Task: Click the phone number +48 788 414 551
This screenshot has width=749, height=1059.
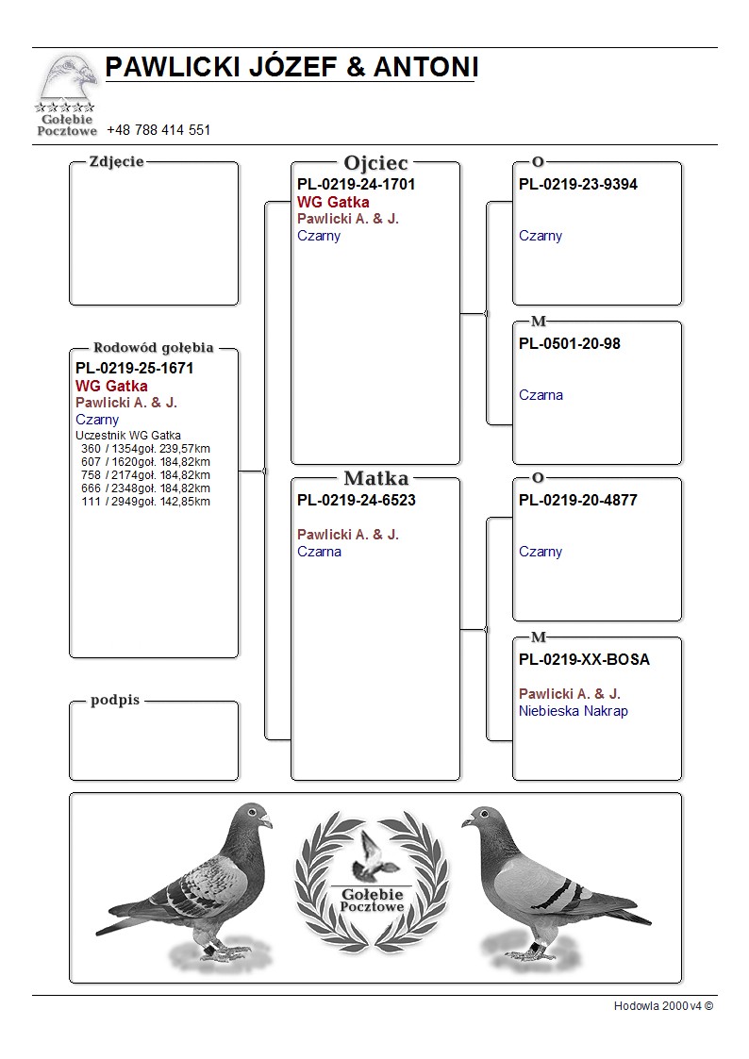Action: point(158,130)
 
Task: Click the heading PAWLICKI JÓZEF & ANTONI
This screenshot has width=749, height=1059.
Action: point(291,67)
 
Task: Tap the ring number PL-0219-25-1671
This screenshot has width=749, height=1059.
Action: point(134,368)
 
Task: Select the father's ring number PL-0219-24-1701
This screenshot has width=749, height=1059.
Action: point(356,184)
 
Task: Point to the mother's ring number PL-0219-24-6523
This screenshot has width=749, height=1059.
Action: point(356,500)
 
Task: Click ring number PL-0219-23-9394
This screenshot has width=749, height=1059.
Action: point(577,184)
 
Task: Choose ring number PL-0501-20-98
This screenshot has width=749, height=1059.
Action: point(569,343)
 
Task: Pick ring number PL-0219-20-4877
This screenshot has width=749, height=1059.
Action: point(577,500)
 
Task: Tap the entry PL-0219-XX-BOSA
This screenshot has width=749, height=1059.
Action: point(584,659)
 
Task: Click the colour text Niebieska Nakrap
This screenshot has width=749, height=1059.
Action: point(573,711)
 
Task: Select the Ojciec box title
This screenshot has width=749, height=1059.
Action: point(375,163)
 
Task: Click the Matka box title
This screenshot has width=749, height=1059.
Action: point(375,478)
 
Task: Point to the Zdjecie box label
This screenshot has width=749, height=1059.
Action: point(116,161)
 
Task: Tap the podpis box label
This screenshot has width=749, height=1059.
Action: point(115,701)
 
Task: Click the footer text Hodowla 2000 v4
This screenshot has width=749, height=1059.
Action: point(663,1005)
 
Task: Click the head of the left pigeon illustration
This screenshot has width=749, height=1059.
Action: point(253,816)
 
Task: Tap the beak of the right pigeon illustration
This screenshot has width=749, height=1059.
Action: point(465,823)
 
